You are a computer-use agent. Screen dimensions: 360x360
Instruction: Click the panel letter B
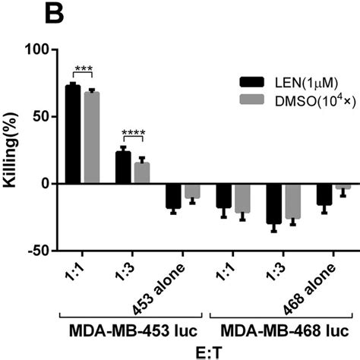(15, 14)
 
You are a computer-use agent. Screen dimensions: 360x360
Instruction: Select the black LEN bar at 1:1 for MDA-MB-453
(73, 134)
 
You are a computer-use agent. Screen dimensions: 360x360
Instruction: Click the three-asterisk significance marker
(82, 70)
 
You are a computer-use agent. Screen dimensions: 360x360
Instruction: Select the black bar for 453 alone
(173, 196)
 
